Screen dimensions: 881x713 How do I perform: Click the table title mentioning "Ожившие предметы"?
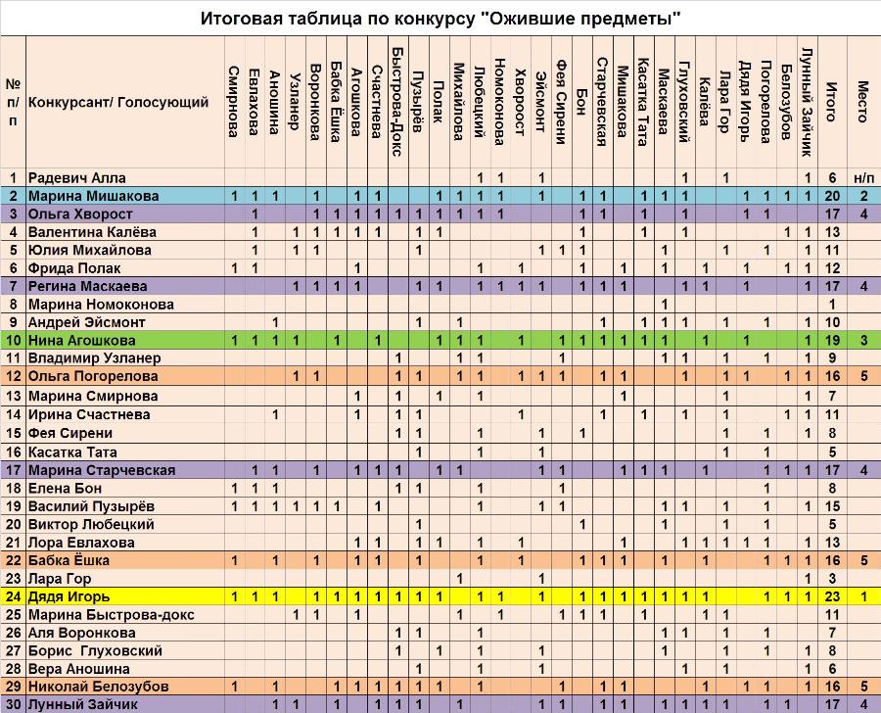point(440,19)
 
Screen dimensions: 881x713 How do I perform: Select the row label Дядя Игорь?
point(70,596)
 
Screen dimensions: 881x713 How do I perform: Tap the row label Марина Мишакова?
point(93,196)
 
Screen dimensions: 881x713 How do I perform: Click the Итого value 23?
point(832,596)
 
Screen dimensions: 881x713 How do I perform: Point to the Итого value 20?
point(832,196)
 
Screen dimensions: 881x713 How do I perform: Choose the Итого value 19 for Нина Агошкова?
point(832,340)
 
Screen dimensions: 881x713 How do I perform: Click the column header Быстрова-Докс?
point(396,101)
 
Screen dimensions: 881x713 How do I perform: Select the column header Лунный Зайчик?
point(807,101)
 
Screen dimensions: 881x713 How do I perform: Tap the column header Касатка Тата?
point(643,101)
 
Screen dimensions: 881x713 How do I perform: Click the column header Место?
point(863,101)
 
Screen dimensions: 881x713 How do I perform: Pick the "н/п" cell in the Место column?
point(863,178)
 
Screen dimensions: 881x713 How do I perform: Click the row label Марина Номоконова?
point(101,305)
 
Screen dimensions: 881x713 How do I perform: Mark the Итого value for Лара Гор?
point(832,579)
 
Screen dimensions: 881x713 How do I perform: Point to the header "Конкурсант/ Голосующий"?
point(118,102)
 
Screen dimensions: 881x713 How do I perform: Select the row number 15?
point(14,434)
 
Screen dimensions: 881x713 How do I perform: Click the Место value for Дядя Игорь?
point(863,596)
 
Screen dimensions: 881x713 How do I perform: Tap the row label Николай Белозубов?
point(98,687)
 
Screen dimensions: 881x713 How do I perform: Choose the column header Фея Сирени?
point(560,101)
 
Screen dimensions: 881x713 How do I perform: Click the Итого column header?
point(832,101)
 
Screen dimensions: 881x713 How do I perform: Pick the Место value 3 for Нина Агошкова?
point(863,340)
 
